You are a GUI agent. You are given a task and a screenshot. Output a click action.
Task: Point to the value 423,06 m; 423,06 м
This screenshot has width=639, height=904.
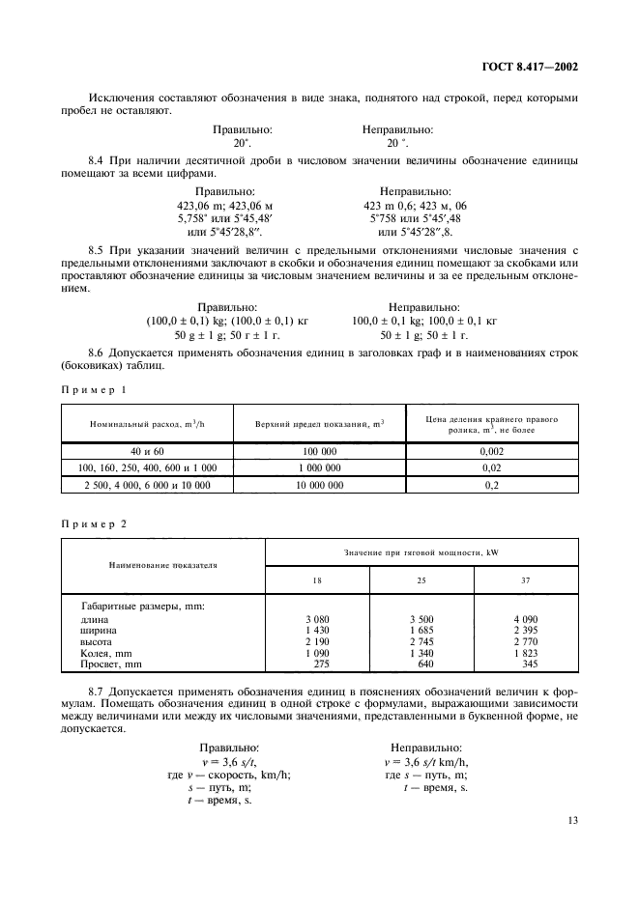click(x=236, y=205)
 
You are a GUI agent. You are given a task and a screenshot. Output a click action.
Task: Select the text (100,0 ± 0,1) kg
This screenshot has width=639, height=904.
click(x=188, y=320)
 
